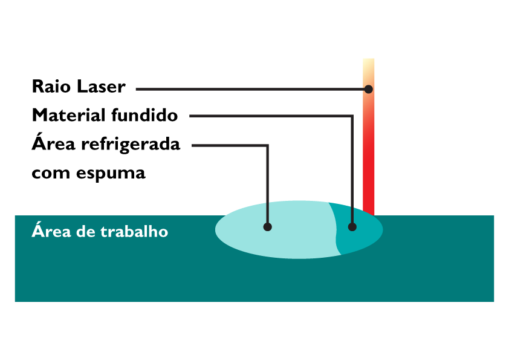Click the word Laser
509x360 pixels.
(102, 87)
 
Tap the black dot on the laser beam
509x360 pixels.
(368, 89)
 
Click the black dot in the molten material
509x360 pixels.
(352, 227)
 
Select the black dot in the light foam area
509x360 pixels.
(268, 227)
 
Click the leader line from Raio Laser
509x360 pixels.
(242, 89)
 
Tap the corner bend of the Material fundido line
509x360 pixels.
(352, 115)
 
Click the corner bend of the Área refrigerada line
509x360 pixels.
(267, 145)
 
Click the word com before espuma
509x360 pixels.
(51, 174)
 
